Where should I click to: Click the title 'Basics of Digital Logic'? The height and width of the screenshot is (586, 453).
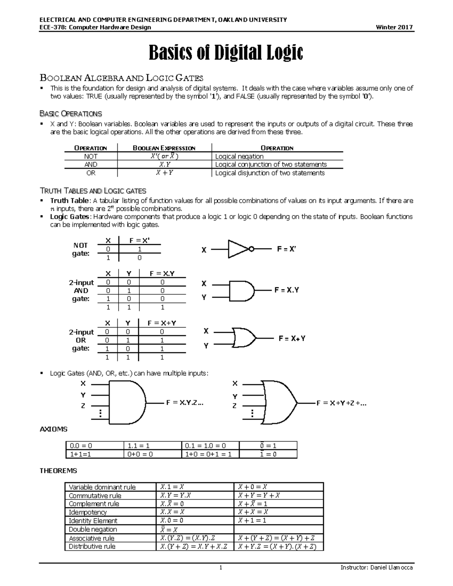pos(226,53)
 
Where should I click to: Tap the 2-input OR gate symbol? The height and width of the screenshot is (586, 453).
pos(244,338)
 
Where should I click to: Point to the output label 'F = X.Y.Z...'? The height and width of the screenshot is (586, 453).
pos(185,403)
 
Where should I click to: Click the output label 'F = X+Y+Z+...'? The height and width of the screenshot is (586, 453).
pos(341,403)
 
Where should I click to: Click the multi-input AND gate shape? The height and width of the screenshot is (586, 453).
pos(127,403)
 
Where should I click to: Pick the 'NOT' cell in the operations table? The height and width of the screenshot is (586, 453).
pos(91,156)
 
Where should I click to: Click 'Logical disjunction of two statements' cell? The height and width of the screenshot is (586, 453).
pos(270,173)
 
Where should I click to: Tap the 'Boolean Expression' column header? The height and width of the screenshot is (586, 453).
pos(164,148)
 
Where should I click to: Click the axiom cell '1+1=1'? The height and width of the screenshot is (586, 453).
pos(80,454)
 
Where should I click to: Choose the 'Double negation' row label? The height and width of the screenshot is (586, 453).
pos(93,529)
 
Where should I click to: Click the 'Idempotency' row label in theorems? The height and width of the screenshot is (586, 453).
pos(88,512)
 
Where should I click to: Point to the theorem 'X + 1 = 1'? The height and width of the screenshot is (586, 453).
pos(252,520)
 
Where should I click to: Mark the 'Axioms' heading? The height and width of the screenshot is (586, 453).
pos(54,429)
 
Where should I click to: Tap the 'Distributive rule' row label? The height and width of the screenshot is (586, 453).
pos(92,546)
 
